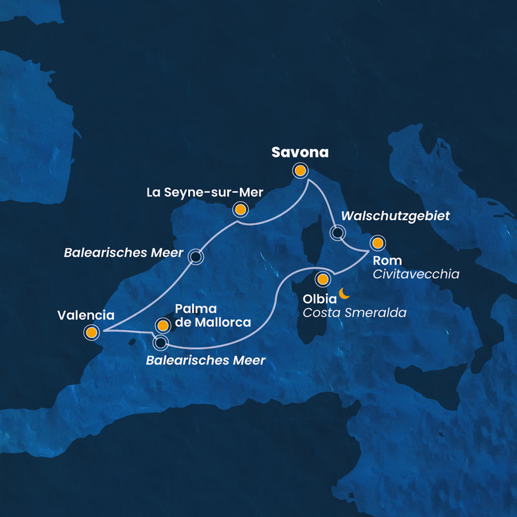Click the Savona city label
tap(300, 153)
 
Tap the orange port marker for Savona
tap(299, 171)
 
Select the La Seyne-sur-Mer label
tap(205, 192)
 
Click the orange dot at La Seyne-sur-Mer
tap(240, 209)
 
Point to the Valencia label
tap(86, 314)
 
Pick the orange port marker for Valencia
tap(92, 332)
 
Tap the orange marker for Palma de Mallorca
tap(163, 326)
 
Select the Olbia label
tap(317, 299)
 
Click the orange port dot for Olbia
tap(323, 280)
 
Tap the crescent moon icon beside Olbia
tap(344, 294)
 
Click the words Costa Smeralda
tap(355, 313)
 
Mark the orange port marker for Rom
tap(377, 243)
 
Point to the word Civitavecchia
tap(416, 274)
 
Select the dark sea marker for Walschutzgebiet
tap(338, 233)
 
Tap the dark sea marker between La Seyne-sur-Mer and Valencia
tap(195, 256)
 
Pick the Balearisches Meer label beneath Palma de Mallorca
tap(205, 360)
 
